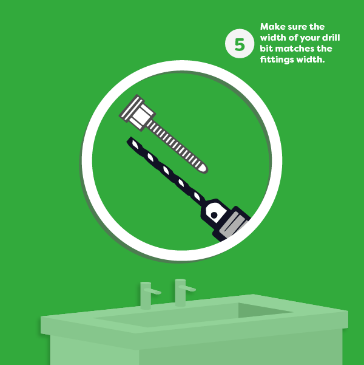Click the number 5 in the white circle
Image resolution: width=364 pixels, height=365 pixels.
[240, 44]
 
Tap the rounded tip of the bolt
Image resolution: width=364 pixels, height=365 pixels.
[203, 168]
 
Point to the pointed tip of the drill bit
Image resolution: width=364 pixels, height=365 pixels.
[130, 140]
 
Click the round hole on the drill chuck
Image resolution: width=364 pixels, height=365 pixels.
[214, 215]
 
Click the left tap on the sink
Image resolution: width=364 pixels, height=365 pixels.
[146, 295]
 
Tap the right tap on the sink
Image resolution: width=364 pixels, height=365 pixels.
[181, 292]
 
